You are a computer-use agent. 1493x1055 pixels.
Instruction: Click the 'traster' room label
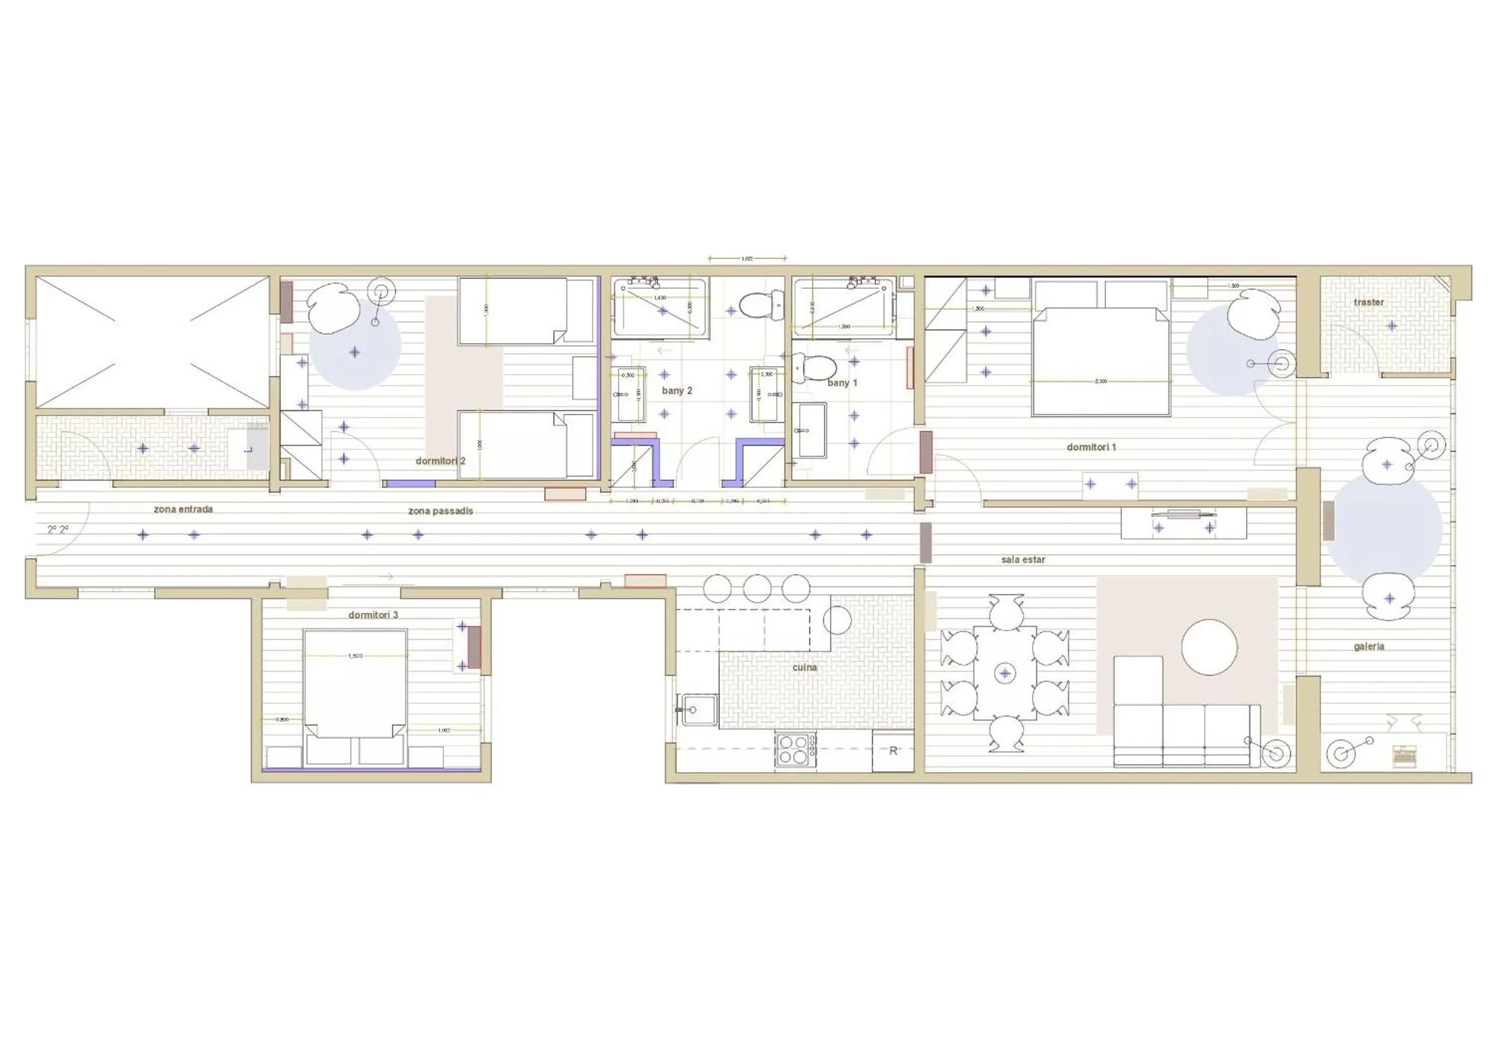[1368, 303]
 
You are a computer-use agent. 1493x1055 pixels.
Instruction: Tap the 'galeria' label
[1368, 646]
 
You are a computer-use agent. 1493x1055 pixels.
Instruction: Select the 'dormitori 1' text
[1091, 448]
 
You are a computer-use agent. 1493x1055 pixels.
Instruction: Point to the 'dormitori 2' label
[440, 461]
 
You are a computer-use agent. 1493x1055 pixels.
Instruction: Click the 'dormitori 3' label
[373, 614]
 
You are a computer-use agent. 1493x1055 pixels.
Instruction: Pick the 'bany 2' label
[677, 391]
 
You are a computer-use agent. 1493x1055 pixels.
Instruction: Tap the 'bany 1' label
[842, 383]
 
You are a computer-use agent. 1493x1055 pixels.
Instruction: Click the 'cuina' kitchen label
[805, 668]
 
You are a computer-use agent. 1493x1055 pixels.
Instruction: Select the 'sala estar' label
[1023, 559]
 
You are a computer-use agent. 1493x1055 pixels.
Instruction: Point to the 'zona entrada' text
[183, 509]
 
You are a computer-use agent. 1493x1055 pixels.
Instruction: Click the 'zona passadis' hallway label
[440, 511]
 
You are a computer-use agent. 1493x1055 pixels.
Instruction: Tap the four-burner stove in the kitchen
[794, 750]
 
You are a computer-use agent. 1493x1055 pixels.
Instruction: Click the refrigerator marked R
[893, 751]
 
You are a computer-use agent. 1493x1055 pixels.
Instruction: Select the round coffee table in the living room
[1209, 647]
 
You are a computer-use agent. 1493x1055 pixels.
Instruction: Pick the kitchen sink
[696, 710]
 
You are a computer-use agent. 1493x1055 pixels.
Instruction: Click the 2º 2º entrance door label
[58, 530]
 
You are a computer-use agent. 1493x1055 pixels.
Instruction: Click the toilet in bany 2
[759, 305]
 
